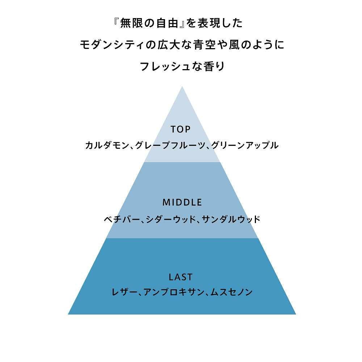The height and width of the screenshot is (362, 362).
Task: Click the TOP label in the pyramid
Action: click(x=181, y=129)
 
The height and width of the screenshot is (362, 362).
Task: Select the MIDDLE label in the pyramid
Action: click(x=182, y=202)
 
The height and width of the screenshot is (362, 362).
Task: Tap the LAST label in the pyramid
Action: click(x=181, y=277)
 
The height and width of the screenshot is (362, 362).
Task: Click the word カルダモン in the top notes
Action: click(x=107, y=145)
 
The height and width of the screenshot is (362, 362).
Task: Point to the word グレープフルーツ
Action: click(x=170, y=145)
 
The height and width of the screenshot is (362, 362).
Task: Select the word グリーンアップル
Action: click(x=245, y=145)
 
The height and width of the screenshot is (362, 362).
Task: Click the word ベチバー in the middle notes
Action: click(x=122, y=219)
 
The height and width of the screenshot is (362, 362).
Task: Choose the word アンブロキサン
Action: click(x=174, y=292)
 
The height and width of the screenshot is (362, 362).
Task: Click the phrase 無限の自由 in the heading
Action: click(x=150, y=23)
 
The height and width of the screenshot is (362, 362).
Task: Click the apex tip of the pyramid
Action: click(x=182, y=86)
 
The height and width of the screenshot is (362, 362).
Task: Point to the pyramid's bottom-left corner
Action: click(x=68, y=314)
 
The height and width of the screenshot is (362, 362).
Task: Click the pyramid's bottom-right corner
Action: click(x=296, y=314)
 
